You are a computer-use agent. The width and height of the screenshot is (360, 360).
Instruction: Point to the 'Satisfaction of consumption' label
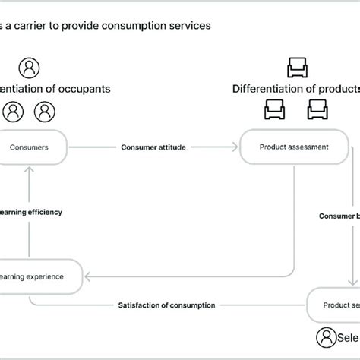(x=166, y=305)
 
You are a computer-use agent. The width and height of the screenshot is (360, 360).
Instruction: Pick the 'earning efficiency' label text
(x=31, y=212)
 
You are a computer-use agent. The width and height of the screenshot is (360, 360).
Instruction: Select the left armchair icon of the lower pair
(x=274, y=112)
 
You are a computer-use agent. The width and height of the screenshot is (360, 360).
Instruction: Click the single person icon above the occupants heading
(x=30, y=68)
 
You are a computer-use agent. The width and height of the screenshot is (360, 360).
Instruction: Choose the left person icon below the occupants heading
(x=13, y=112)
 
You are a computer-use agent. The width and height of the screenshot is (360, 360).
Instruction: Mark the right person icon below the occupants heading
(x=46, y=112)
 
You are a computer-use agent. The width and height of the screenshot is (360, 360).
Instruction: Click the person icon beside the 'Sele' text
(x=326, y=336)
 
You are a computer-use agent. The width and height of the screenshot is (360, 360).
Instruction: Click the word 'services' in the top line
(x=189, y=25)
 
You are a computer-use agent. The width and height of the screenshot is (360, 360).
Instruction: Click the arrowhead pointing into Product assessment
(x=236, y=147)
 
